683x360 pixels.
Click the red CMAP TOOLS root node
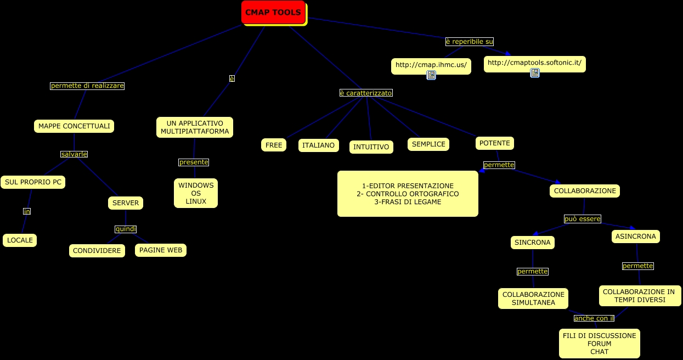tap(273, 12)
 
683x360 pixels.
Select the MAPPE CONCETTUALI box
tap(74, 126)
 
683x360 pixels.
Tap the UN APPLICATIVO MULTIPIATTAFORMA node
tap(195, 127)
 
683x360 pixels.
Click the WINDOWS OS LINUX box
tap(196, 193)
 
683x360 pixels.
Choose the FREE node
tap(273, 145)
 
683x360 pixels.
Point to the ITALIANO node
tap(318, 145)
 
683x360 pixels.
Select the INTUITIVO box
tap(371, 147)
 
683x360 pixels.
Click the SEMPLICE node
tap(428, 144)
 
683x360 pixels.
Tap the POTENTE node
tap(494, 143)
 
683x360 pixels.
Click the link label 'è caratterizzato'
tap(366, 93)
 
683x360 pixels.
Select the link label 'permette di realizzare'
tap(87, 86)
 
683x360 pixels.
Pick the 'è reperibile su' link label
tap(469, 41)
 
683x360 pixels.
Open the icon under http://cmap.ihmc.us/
tap(431, 76)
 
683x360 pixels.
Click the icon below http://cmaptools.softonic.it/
tap(534, 73)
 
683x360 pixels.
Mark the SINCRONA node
tap(532, 242)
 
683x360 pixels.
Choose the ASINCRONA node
tap(635, 237)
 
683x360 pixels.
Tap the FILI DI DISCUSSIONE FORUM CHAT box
tap(599, 344)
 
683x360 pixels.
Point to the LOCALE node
tap(20, 240)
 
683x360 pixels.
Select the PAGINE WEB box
tap(160, 250)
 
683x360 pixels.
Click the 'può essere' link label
tap(582, 219)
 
